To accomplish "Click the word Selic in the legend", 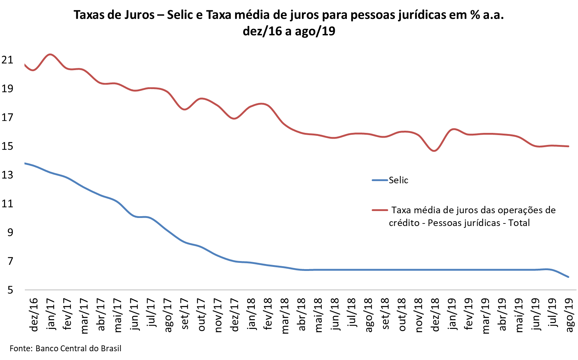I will coord(398,180).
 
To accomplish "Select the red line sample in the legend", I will coord(380,210).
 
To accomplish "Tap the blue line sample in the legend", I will coord(380,180).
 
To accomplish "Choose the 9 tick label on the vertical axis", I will coord(10,233).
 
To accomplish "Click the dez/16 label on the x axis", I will coord(34,315).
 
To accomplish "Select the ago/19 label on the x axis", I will coord(569,315).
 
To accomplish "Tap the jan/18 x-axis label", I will coord(251,315).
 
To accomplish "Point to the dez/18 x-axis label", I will coord(435,315).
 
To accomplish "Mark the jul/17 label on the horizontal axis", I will coord(151,315).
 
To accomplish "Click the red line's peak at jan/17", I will coord(50,54).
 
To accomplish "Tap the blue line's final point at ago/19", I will coord(569,277).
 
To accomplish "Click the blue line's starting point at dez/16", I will coord(25,163).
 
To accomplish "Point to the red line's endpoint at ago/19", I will coord(569,146).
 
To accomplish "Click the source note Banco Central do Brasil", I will coord(78,348).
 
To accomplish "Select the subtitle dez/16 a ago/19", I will coord(289,31).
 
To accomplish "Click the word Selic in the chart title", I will coord(181,15).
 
